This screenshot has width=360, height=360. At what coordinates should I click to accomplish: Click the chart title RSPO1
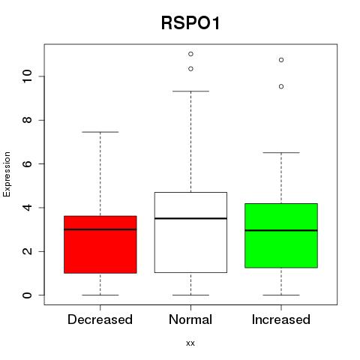(190, 23)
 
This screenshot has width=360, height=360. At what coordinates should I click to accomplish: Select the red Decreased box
(100, 244)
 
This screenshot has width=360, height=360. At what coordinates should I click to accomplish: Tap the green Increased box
(281, 235)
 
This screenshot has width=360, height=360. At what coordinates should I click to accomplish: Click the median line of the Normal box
(190, 218)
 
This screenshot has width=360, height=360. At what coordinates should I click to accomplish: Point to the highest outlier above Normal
(190, 54)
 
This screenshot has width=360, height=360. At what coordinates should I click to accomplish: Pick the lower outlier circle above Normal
(190, 69)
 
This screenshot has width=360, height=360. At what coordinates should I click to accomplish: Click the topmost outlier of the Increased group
(281, 60)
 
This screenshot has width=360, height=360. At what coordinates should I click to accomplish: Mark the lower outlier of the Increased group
(281, 86)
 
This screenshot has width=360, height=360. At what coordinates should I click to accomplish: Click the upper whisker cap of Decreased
(100, 132)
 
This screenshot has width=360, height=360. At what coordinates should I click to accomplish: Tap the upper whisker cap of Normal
(190, 91)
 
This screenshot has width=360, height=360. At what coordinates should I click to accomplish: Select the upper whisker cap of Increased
(281, 152)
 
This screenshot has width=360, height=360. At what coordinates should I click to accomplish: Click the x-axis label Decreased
(100, 319)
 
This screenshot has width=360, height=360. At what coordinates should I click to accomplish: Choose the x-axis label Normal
(190, 319)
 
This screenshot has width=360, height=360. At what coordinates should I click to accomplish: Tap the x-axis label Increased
(281, 319)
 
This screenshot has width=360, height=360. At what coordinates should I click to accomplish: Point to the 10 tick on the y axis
(27, 76)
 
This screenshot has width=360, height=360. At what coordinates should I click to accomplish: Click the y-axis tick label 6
(27, 163)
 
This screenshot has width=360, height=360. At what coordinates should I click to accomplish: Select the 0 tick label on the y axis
(27, 295)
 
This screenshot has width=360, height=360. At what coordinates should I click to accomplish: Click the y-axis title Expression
(7, 174)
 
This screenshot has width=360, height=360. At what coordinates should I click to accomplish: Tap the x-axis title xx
(190, 343)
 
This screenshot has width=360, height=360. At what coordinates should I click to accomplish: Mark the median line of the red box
(100, 229)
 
